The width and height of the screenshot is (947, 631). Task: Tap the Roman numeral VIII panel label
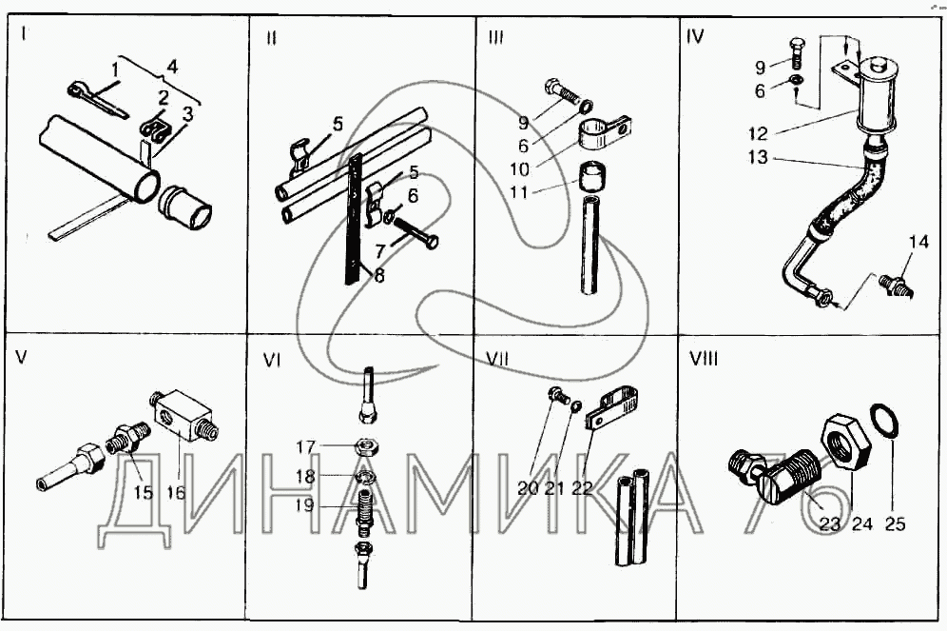pos(704,359)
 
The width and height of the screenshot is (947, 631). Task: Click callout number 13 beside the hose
pos(758,157)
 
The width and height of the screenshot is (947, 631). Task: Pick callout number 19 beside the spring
pos(303,505)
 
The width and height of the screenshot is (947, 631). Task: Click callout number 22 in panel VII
pos(582,488)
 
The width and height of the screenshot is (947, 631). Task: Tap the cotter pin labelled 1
pos(96,100)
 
